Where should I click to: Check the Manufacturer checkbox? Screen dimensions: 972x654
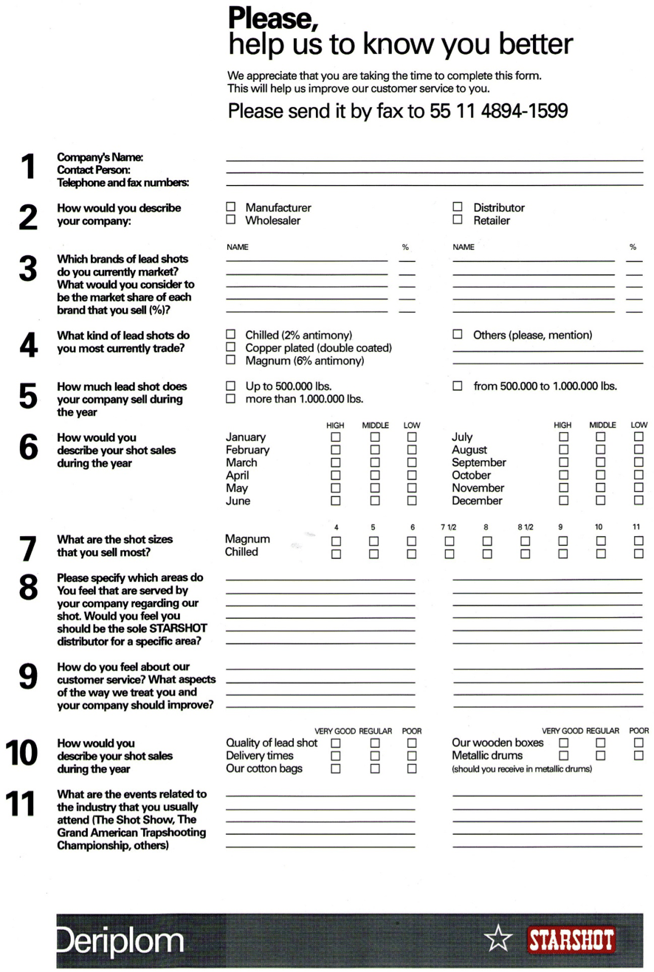(231, 207)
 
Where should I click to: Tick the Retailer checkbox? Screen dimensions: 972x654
(458, 220)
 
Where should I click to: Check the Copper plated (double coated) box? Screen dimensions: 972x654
(231, 347)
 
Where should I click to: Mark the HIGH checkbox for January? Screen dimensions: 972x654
(336, 437)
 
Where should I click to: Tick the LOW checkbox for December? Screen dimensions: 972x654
(638, 501)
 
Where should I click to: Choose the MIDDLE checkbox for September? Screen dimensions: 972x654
(601, 462)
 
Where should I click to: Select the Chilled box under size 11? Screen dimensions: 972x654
(638, 553)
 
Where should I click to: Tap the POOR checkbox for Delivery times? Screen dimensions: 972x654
(412, 756)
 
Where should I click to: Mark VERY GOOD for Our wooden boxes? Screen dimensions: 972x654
(564, 743)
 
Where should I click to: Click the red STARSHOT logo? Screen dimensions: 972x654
(571, 940)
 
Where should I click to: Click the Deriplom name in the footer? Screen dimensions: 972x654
(120, 941)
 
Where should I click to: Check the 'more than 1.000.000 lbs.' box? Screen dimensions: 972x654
(231, 399)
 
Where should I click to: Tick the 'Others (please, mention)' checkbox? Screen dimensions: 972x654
(458, 335)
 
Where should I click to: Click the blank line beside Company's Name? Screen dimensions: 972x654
(434, 159)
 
